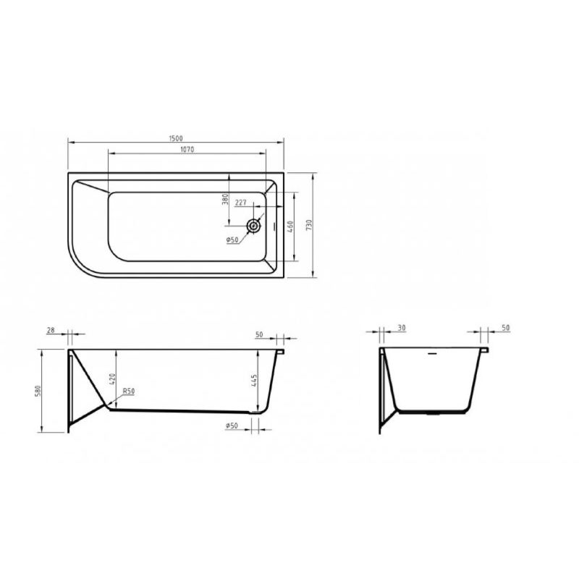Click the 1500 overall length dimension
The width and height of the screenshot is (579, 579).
[176, 138]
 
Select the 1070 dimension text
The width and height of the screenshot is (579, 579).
[186, 149]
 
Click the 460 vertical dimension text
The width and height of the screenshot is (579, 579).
[289, 226]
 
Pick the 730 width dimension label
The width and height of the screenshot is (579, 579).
[309, 224]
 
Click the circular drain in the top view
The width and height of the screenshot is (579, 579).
[253, 226]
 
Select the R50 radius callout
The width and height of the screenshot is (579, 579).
[128, 392]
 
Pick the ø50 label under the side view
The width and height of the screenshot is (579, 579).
[232, 426]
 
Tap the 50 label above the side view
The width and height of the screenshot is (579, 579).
[259, 334]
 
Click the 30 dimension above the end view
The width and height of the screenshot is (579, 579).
[401, 328]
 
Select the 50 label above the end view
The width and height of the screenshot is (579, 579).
[505, 328]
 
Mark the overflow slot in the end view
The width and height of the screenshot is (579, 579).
[434, 355]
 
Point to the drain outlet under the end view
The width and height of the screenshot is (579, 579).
[434, 415]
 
